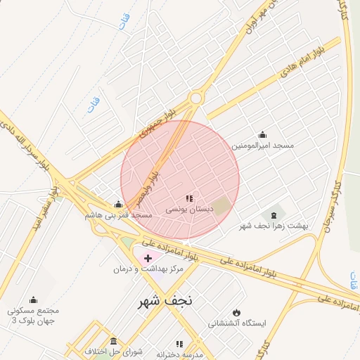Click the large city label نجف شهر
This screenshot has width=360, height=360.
165,302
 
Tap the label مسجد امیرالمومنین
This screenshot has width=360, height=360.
263,146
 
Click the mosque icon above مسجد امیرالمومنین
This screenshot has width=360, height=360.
263,134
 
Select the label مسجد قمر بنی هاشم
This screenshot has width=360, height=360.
118,214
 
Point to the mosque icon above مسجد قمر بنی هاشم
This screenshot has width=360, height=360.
117,204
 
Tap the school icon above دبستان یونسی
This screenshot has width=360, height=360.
188,199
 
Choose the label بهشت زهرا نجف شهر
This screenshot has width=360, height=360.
274,226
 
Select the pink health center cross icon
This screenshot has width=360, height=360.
148,258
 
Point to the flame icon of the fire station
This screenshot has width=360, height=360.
236,312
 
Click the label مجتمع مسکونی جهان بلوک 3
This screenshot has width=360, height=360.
33,315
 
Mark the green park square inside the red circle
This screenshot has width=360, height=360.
221,207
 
